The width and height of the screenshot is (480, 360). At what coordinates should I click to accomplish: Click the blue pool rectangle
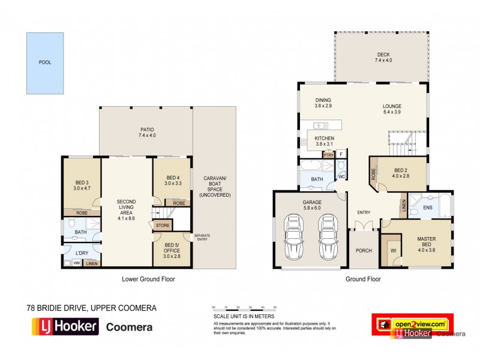click(45, 62)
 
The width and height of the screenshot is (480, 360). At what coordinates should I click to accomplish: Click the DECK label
click(383, 58)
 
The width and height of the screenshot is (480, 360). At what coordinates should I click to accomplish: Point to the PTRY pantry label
click(328, 154)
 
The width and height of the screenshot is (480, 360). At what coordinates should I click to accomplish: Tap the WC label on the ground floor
click(340, 177)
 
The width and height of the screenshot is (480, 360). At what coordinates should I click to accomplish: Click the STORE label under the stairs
click(163, 226)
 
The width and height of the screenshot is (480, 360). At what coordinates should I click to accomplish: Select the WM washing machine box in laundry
click(76, 262)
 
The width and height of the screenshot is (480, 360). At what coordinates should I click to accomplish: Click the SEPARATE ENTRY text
click(201, 237)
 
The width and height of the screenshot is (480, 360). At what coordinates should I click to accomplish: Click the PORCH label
click(364, 251)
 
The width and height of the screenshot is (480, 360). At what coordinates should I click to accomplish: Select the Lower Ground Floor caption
click(148, 279)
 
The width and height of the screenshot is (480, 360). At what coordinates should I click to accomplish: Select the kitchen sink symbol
click(320, 125)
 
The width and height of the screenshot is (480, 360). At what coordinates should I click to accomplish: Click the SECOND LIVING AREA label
click(127, 208)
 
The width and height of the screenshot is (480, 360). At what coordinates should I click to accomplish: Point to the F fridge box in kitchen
click(341, 154)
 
